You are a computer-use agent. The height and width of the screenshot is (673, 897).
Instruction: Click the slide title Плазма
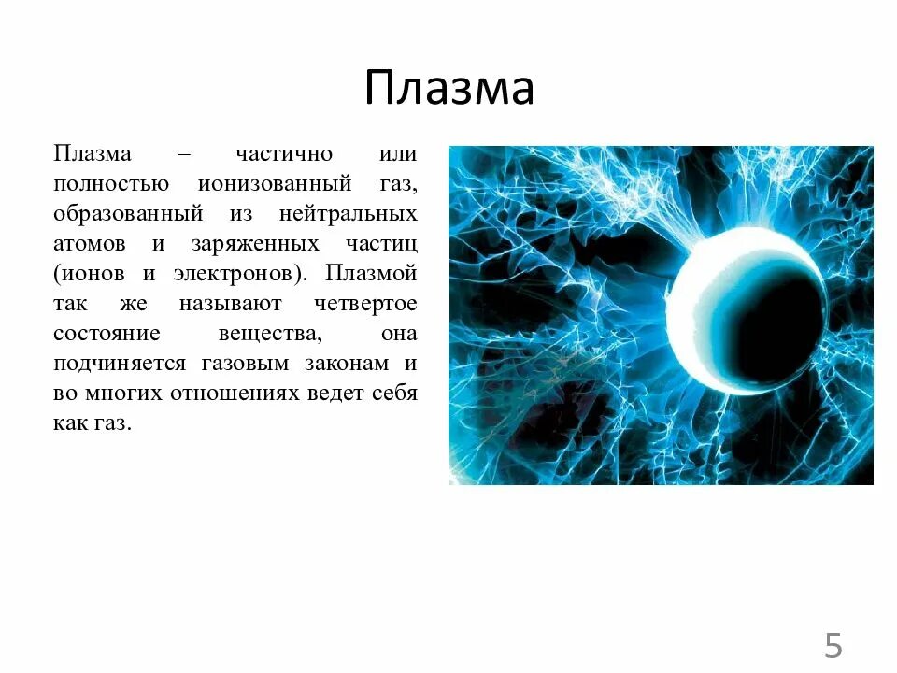tap(448, 89)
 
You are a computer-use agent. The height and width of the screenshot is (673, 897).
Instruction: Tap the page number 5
tap(833, 646)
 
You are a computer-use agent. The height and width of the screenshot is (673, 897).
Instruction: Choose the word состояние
tap(107, 334)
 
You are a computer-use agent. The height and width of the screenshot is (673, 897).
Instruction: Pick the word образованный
tap(128, 214)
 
